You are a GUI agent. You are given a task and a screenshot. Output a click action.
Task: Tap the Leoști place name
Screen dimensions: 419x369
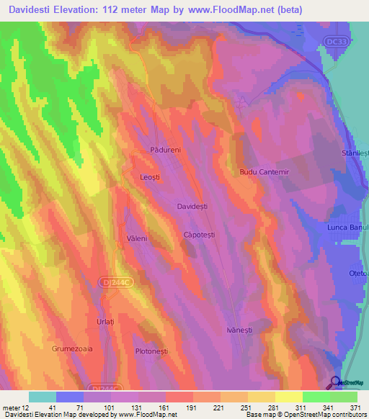150,176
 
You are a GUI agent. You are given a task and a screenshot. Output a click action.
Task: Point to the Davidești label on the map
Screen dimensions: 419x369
192,207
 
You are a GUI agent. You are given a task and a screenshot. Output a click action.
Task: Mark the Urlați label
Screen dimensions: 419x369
105,321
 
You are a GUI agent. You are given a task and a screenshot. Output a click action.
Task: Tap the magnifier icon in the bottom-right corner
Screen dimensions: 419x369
336,382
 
